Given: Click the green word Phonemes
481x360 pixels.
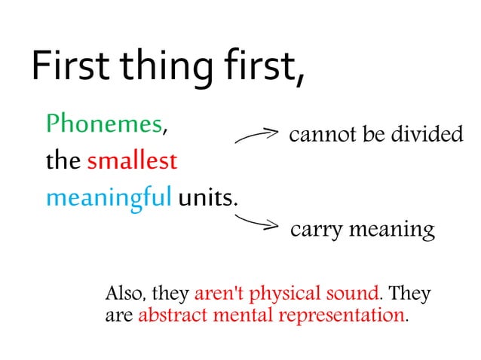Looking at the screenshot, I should [104, 124].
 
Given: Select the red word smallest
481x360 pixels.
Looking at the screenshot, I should [132, 160].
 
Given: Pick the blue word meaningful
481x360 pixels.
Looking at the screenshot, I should [109, 199].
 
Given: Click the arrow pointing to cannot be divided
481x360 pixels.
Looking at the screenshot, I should [257, 136].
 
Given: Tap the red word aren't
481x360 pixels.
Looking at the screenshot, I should [219, 293].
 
